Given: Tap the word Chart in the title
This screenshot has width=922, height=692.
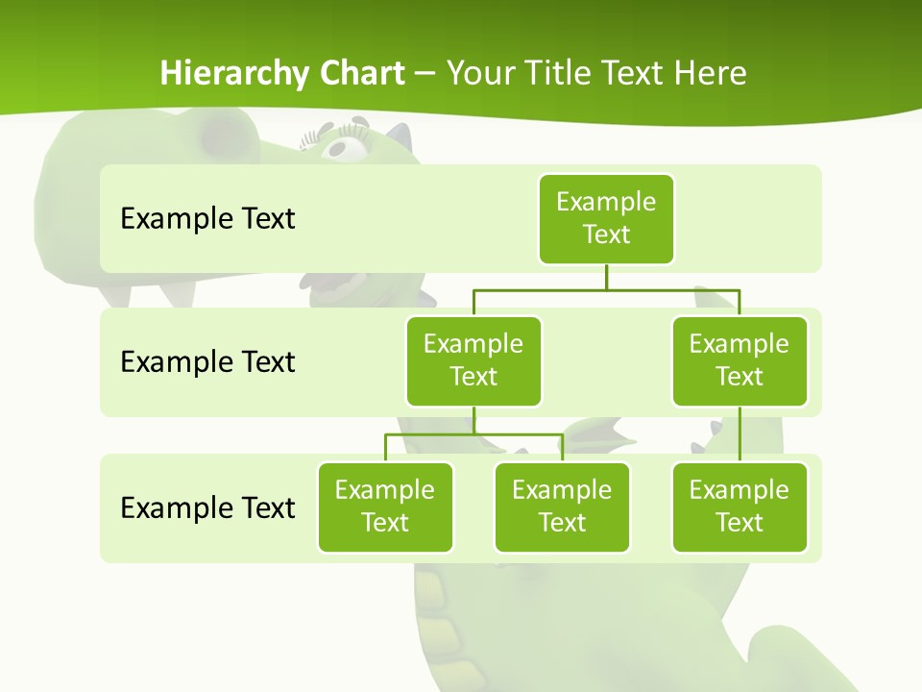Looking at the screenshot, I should click(359, 73).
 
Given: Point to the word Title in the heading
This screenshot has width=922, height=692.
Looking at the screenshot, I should click(559, 73).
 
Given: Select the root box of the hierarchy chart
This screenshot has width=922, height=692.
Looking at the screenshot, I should click(606, 218).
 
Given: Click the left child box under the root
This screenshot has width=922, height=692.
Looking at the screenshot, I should click(473, 360).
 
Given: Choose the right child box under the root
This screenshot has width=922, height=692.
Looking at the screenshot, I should click(740, 360).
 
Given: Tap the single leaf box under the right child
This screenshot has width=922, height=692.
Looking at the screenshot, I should click(740, 507).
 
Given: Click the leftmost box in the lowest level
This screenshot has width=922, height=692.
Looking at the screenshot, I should click(385, 507).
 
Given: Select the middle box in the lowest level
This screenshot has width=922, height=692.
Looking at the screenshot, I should click(562, 507).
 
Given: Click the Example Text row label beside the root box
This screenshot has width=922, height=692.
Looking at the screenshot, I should click(207, 218).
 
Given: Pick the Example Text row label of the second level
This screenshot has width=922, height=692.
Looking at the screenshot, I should click(207, 361).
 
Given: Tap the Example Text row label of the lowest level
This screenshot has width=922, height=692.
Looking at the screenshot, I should click(207, 507).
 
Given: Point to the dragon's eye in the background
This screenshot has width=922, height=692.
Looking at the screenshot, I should click(342, 146).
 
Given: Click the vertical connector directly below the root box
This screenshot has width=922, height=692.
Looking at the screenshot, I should click(606, 277).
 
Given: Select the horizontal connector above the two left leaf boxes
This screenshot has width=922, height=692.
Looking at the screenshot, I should click(473, 434).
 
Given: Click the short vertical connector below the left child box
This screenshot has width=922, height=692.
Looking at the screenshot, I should click(473, 420).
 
